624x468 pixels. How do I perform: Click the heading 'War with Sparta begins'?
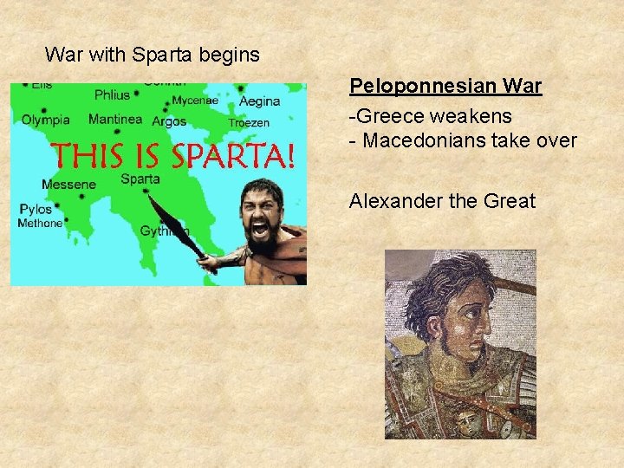(152, 55)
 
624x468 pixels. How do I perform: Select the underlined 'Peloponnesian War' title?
(445, 87)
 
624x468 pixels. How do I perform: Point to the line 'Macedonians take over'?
(469, 140)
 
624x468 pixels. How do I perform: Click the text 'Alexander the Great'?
(442, 202)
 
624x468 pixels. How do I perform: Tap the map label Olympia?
(46, 120)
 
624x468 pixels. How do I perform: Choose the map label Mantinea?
(115, 120)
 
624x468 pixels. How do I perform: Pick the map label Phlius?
(111, 95)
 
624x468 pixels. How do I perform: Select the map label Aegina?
(259, 101)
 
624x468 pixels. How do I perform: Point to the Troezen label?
(249, 123)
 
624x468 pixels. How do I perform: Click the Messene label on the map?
(68, 185)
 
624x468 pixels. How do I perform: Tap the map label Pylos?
(36, 210)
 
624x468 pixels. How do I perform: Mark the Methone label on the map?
(40, 224)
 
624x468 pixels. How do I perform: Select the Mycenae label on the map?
(195, 101)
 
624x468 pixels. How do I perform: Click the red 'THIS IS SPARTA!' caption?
(174, 157)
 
